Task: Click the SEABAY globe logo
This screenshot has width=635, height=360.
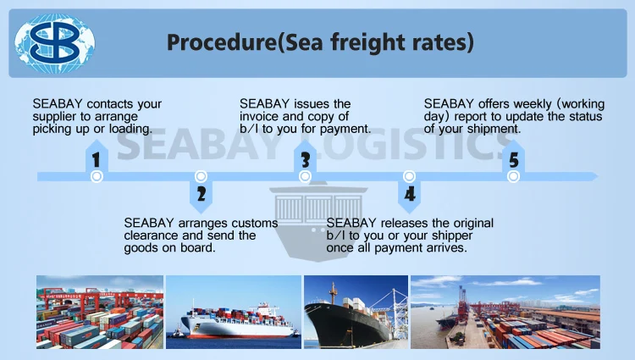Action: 56,41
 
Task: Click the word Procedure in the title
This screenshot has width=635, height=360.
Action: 213,42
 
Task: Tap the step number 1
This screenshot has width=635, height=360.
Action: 97,159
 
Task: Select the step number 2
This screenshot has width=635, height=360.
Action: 201,194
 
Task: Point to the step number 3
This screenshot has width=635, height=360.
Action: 305,159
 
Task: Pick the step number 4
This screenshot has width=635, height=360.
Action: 410,194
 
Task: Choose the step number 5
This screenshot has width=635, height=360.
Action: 512,159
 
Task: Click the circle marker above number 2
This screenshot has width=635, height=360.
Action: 201,176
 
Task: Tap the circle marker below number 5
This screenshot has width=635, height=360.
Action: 512,176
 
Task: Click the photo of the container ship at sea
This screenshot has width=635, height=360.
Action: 233,312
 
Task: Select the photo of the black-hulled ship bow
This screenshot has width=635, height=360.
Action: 355,312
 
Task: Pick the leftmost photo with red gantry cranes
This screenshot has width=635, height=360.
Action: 99,312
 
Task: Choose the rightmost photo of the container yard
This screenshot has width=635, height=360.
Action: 505,312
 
